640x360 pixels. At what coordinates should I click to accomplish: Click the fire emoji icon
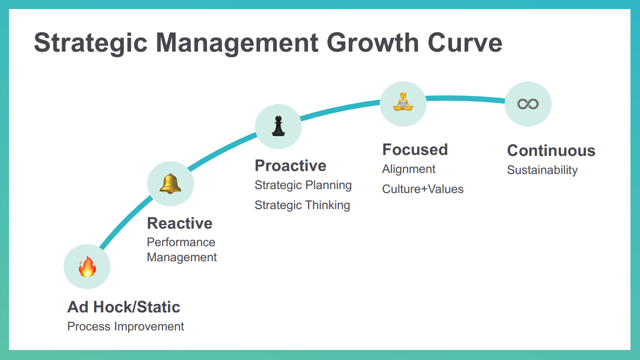click(87, 267)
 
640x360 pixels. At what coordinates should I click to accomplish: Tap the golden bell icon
click(170, 184)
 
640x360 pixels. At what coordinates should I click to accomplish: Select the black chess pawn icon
click(278, 126)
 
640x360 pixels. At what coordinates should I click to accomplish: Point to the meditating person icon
click(403, 101)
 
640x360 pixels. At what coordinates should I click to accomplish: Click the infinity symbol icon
click(528, 104)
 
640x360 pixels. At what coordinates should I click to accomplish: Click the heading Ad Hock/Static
click(124, 307)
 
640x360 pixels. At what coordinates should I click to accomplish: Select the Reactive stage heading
click(180, 223)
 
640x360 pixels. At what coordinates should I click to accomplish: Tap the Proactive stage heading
click(291, 165)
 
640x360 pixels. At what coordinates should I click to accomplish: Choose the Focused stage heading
click(415, 149)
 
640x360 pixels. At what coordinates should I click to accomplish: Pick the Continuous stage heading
click(551, 151)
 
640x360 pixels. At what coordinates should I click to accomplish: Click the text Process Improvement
click(125, 326)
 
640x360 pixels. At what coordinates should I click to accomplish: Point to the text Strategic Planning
click(303, 186)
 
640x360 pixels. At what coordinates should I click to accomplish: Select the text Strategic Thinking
click(302, 205)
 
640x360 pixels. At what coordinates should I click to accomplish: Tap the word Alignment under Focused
click(409, 169)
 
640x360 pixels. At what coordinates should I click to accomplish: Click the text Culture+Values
click(423, 189)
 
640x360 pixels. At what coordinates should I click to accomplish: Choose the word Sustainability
click(542, 170)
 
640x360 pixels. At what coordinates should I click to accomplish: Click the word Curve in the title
click(465, 43)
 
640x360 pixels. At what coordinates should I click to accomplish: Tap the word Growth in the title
click(373, 43)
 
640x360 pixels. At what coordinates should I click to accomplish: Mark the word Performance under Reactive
click(181, 243)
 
